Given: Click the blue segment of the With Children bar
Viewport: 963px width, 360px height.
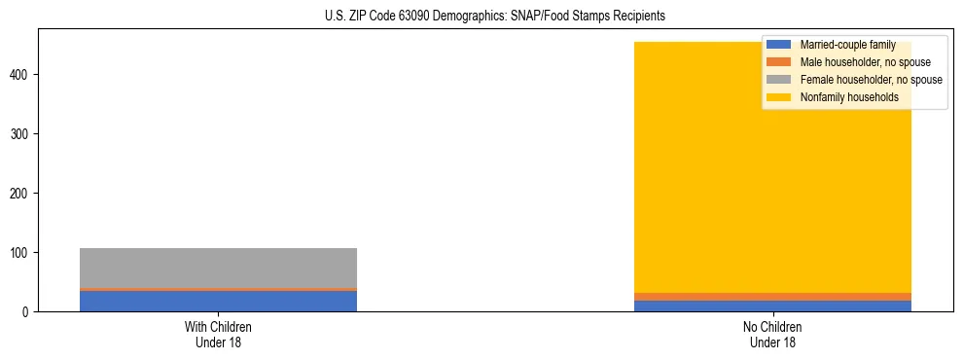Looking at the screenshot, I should coord(218,302).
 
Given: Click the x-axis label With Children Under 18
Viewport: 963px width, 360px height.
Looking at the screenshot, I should coord(218,334).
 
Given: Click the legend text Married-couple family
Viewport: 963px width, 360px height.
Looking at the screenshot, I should coord(847,45).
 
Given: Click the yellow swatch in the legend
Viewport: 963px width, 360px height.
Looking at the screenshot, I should coord(779,97).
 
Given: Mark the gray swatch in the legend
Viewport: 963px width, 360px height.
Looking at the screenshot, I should coord(779,80).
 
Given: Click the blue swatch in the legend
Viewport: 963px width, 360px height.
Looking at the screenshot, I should coord(779,45).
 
